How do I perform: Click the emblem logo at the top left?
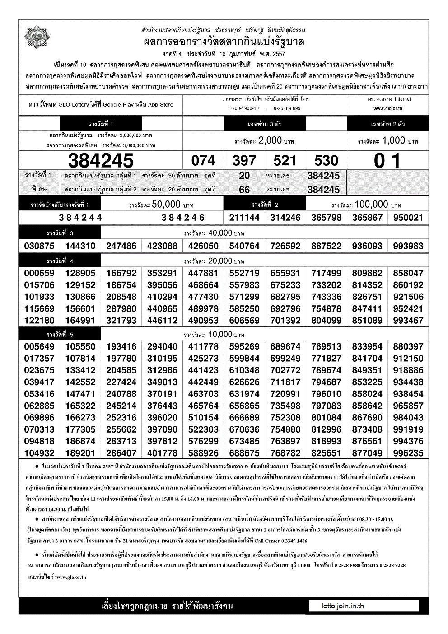[37, 37]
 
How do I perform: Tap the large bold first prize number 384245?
[101, 160]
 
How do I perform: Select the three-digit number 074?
[203, 160]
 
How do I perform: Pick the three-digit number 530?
[326, 160]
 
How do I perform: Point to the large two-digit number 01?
[387, 160]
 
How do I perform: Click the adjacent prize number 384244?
[80, 218]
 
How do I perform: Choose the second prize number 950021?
[408, 218]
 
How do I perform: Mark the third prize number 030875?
[39, 246]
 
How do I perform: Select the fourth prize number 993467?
[408, 321]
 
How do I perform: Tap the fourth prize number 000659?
[39, 273]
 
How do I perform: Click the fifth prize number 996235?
[408, 453]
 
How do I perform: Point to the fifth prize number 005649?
[39, 346]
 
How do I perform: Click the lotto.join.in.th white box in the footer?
[364, 606]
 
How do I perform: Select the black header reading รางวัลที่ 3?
[60, 233]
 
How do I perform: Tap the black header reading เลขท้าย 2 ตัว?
[387, 124]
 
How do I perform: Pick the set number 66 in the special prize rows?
[244, 190]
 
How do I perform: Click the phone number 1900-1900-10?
[244, 108]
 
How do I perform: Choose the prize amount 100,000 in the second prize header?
[371, 205]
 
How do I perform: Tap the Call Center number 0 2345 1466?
[288, 541]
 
